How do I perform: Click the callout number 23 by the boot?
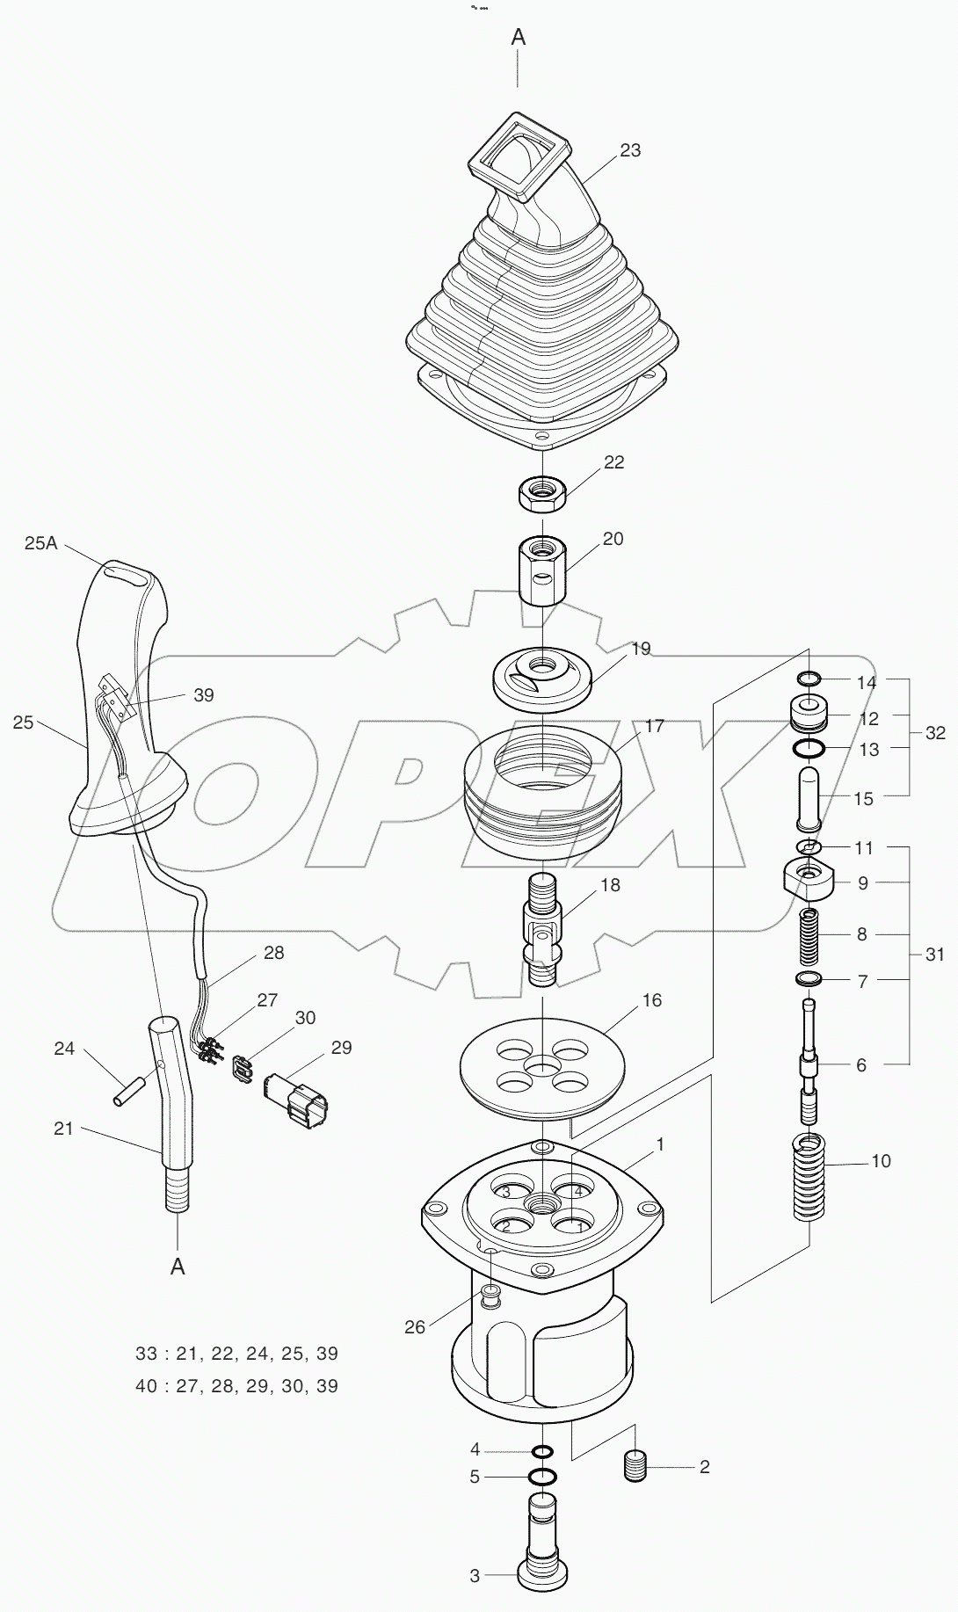coord(630,150)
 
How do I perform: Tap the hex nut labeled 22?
coord(541,496)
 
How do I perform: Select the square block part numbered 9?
coord(809,882)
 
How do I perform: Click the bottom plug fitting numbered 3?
coord(542,1559)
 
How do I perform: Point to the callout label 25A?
coord(40,544)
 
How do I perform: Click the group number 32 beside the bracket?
coord(935,733)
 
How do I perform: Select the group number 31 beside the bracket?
coord(934,955)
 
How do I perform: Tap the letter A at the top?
coord(519,37)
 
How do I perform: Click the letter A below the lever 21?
coord(178,1267)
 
